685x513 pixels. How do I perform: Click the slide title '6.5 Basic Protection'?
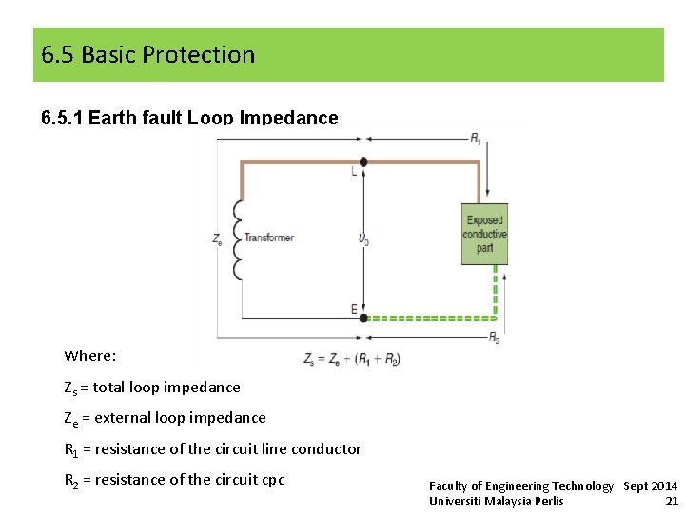click(x=148, y=55)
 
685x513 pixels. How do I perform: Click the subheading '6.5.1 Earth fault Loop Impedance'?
click(x=189, y=118)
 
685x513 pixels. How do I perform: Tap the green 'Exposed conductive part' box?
click(x=484, y=234)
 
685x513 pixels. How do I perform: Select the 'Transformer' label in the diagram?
click(x=269, y=237)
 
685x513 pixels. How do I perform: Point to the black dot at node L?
click(x=363, y=162)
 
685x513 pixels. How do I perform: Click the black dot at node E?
click(x=363, y=317)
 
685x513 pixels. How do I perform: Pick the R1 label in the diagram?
click(x=475, y=138)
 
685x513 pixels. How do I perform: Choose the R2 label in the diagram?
click(x=494, y=337)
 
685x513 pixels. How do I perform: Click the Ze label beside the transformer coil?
click(x=218, y=238)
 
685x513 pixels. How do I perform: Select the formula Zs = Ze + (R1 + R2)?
click(x=351, y=359)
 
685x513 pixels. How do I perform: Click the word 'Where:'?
click(x=90, y=356)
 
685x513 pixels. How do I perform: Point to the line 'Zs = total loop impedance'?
click(x=152, y=388)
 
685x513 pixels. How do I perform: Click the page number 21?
click(x=672, y=501)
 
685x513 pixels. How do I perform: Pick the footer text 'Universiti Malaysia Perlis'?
click(x=496, y=501)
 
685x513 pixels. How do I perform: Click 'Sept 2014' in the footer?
click(x=651, y=485)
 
